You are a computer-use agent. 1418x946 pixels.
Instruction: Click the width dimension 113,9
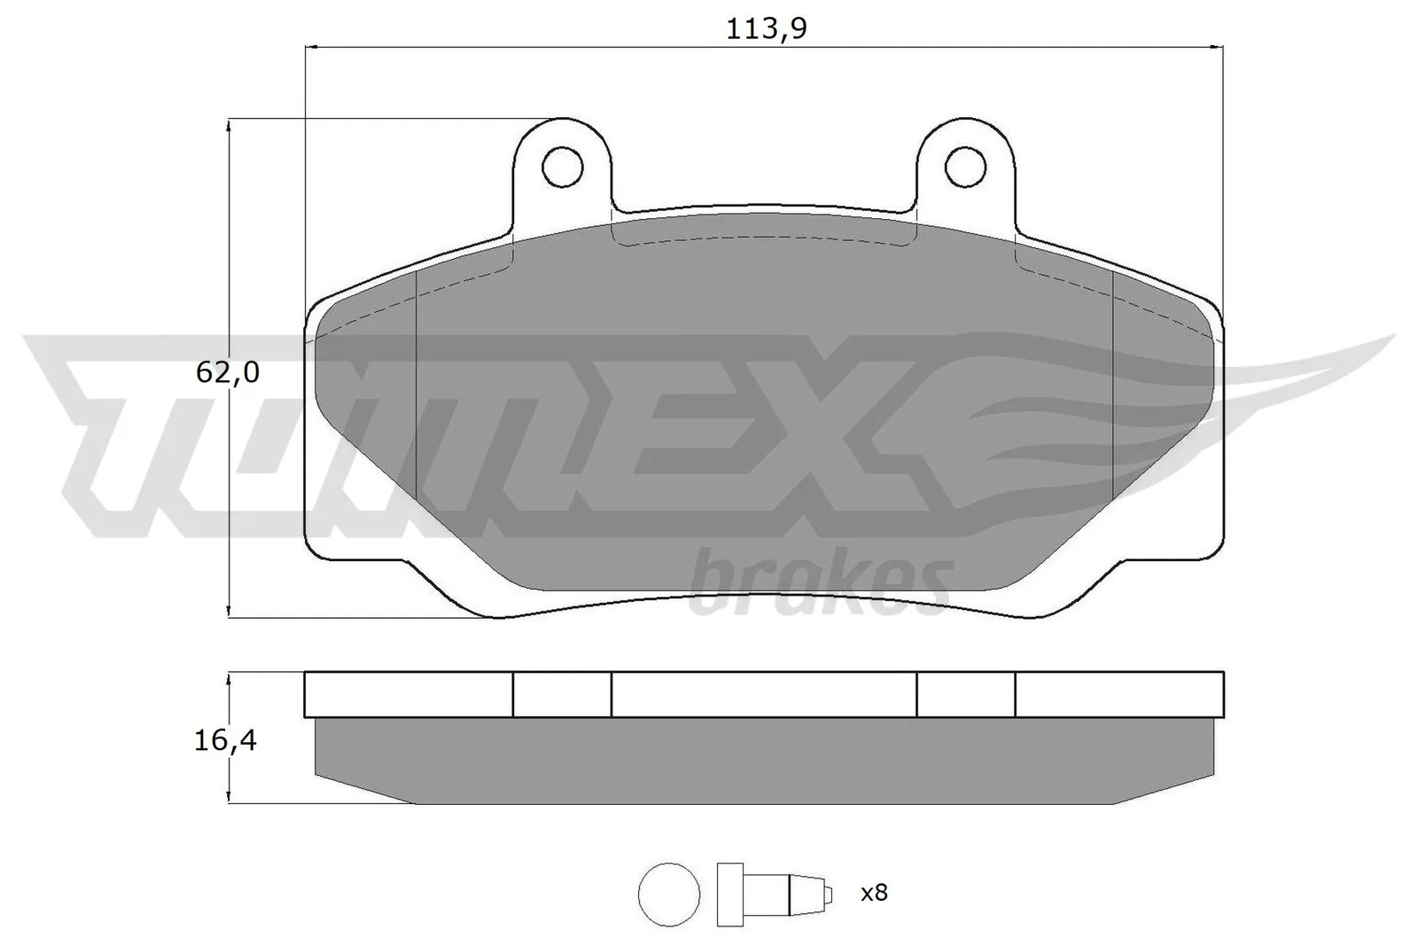[x=766, y=29]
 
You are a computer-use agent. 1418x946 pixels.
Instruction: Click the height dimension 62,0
[x=227, y=372]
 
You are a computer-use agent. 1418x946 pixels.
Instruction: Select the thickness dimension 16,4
[x=226, y=740]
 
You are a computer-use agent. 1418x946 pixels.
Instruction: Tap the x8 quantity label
[x=873, y=892]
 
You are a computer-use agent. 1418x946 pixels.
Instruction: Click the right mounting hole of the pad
[x=965, y=166]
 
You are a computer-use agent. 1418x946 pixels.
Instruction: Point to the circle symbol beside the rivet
[x=668, y=892]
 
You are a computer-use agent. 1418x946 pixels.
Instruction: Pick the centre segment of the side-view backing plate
[x=763, y=694]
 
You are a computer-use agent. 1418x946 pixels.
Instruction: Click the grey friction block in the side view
[x=763, y=758]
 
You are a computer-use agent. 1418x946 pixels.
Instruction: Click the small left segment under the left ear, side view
[x=562, y=694]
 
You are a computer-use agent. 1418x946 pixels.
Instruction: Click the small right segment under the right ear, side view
[x=965, y=694]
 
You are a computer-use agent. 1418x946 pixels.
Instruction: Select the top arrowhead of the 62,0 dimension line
[x=230, y=127]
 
